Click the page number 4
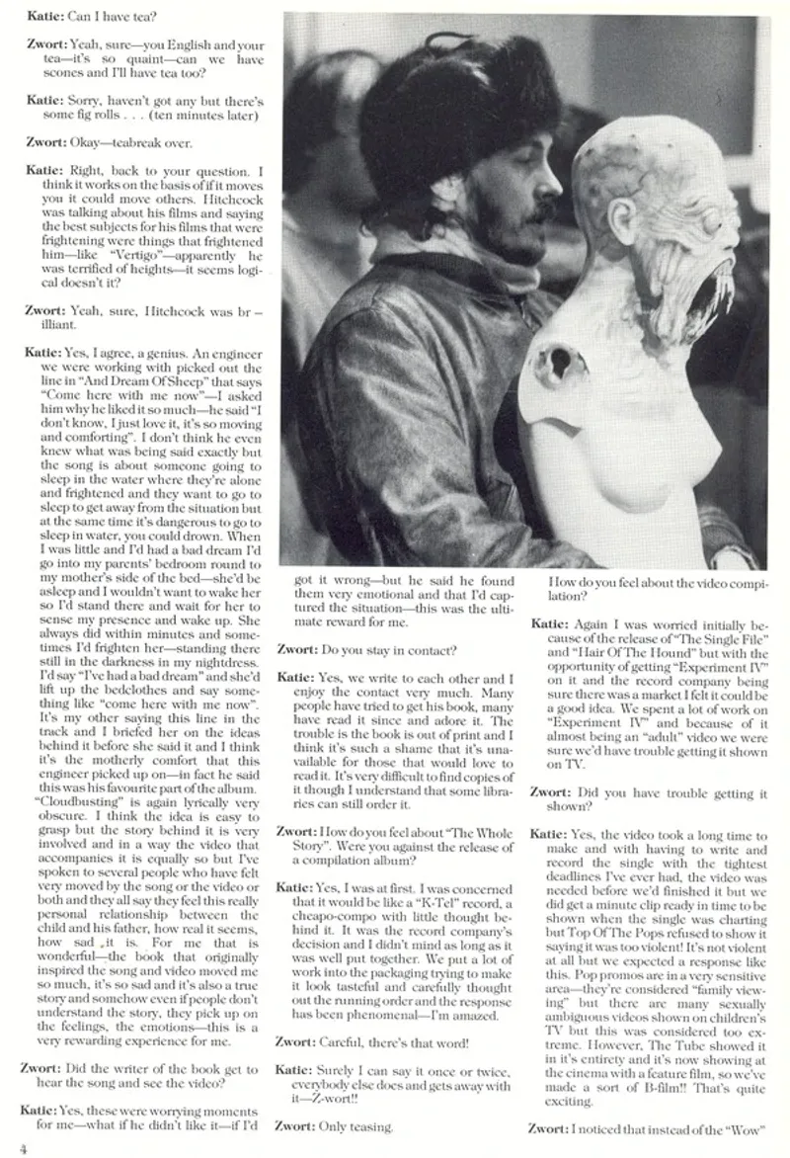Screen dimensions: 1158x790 [22, 1146]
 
